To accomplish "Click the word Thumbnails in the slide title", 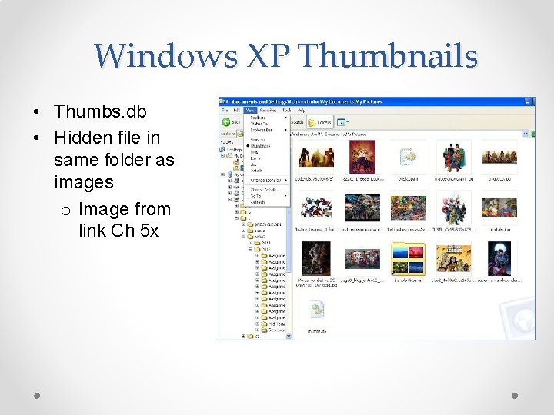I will (389, 56).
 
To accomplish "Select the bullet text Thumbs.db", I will (99, 111).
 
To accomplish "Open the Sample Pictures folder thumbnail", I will (407, 259).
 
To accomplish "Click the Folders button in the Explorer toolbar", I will (320, 121).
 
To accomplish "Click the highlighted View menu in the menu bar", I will (250, 110).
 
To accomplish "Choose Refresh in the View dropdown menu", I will (258, 203).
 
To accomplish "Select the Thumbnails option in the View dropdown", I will (261, 144).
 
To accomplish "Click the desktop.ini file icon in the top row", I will (407, 157).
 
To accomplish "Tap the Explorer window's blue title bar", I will (369, 101).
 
